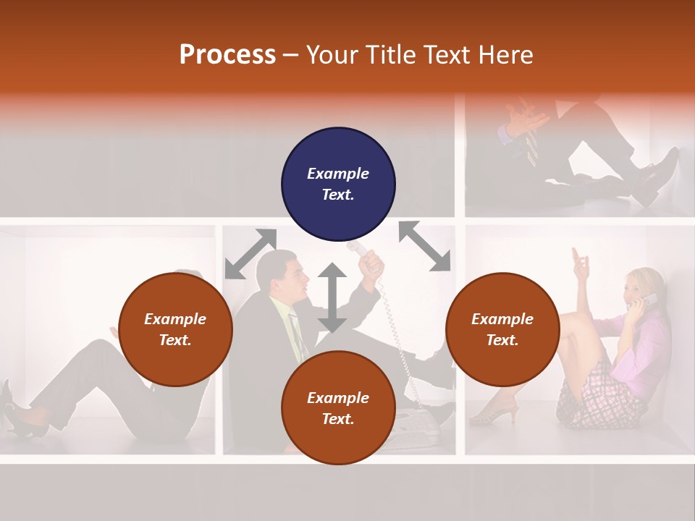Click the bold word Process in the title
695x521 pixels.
point(227,55)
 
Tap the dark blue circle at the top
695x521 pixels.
point(338,185)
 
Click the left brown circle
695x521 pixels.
point(175,329)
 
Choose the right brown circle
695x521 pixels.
point(502,329)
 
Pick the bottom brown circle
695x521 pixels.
point(338,407)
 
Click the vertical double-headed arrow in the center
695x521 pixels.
point(332,297)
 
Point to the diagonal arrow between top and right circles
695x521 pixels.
point(424,246)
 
